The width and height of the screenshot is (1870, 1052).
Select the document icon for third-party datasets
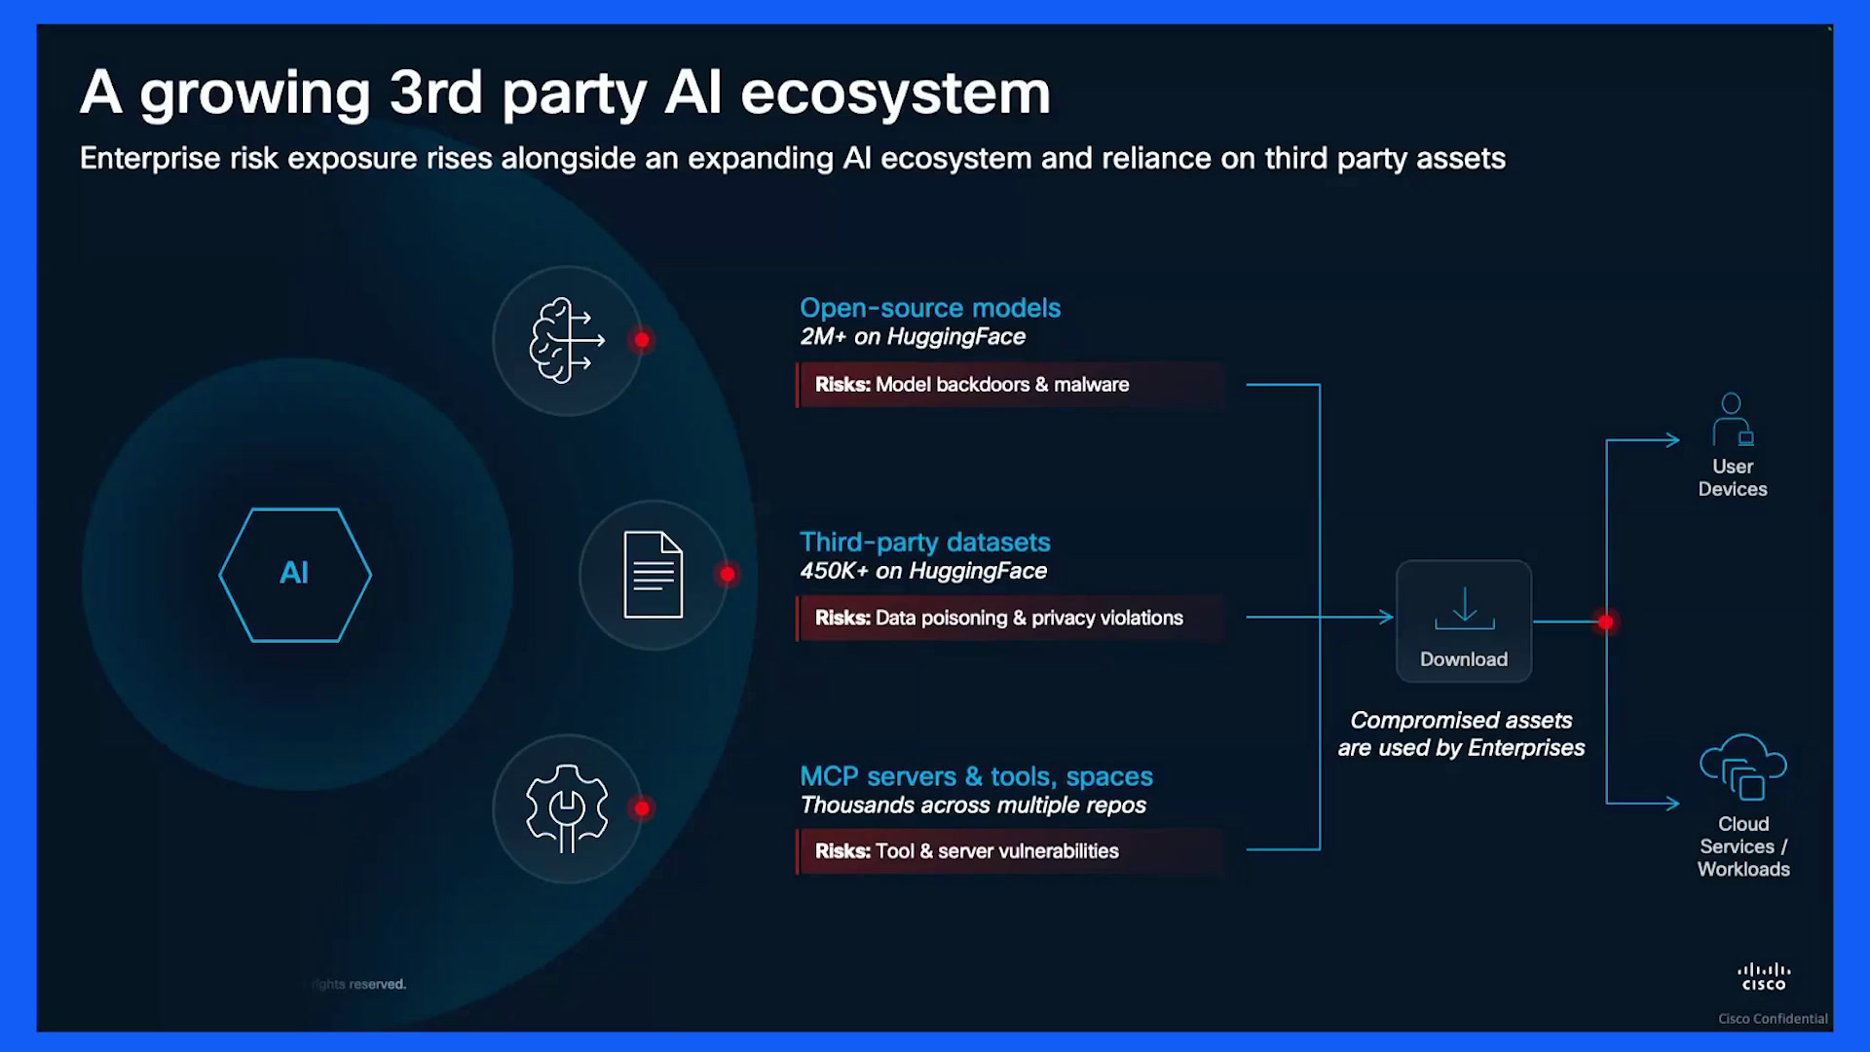coord(654,575)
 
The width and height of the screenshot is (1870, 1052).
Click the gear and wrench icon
coord(567,808)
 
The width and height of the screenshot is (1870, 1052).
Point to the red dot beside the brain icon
coord(641,340)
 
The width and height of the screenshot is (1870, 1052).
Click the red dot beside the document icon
coord(727,574)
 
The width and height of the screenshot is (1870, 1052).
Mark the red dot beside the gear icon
coord(641,808)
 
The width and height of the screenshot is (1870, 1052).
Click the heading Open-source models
coord(930,308)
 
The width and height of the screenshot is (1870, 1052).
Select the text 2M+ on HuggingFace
coord(913,337)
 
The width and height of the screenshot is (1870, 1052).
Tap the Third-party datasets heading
coord(925,542)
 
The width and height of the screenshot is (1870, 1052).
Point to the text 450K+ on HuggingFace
coord(923,571)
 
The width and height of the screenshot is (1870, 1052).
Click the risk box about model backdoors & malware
coord(1010,385)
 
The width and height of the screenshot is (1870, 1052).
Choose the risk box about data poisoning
coord(1010,618)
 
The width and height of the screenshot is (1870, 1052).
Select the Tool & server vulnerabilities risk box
coord(1010,851)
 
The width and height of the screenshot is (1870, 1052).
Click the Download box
coord(1464,621)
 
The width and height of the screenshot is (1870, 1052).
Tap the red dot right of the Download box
coord(1605,621)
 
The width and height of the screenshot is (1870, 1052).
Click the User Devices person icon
coord(1733,420)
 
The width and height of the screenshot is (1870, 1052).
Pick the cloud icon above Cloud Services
coord(1743,767)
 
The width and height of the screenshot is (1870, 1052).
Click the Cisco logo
coord(1764,977)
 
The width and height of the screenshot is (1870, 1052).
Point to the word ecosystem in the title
coord(895,94)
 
